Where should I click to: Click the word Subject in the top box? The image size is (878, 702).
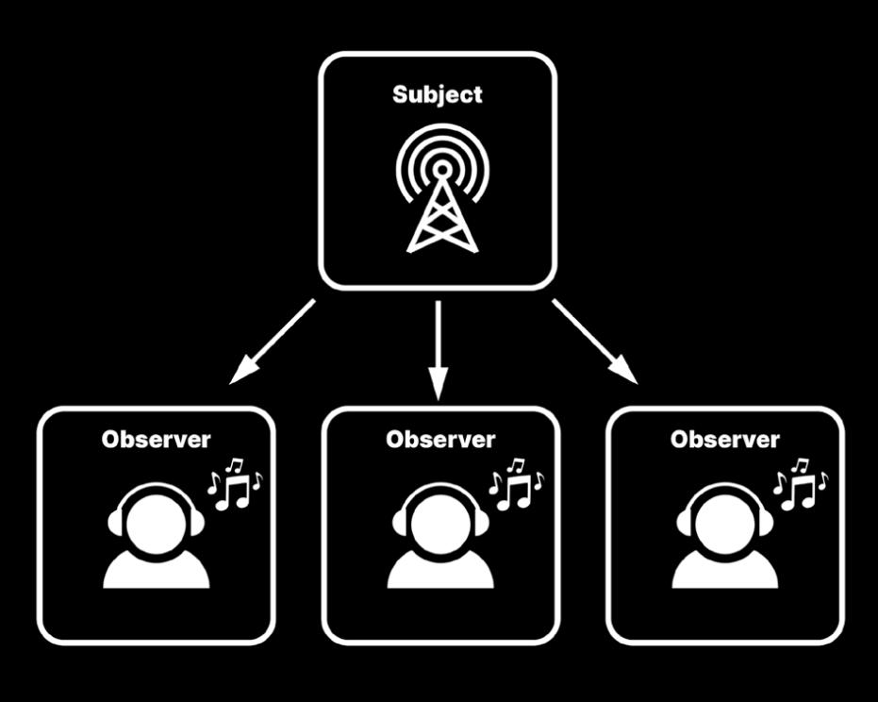[437, 94]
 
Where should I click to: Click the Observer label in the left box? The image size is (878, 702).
[157, 439]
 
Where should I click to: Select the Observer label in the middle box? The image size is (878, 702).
[440, 439]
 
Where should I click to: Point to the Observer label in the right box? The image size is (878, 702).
[725, 439]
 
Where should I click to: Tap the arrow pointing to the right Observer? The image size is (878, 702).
[595, 343]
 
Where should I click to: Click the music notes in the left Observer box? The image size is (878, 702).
[233, 483]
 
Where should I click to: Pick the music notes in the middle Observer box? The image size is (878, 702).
[515, 483]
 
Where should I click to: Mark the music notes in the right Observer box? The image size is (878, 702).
[799, 483]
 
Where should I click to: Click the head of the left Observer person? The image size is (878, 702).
[156, 520]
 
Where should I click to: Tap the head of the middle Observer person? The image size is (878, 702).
[440, 520]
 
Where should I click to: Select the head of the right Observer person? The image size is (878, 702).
[725, 520]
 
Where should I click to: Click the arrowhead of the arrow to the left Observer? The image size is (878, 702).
[240, 375]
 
